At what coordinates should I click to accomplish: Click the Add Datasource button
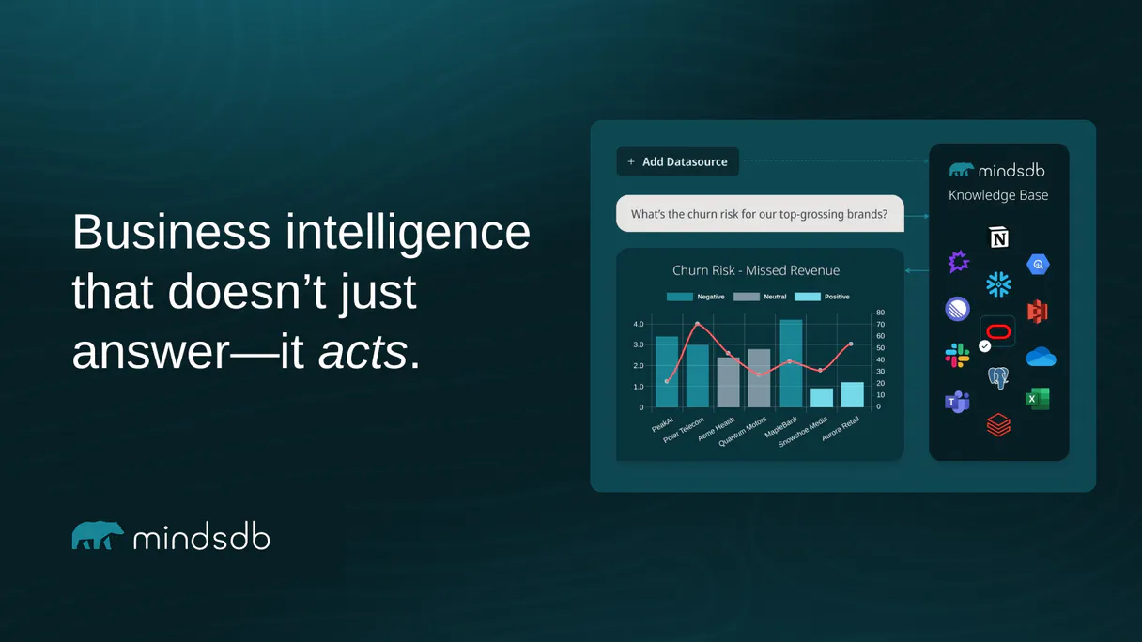(677, 161)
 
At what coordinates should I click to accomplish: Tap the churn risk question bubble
(759, 214)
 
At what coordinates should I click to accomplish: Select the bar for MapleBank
(791, 364)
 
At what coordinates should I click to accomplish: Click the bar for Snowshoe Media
(822, 397)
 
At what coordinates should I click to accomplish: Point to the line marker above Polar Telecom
(697, 324)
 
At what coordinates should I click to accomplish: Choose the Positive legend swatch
(807, 297)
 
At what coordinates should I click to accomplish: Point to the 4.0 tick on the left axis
(639, 324)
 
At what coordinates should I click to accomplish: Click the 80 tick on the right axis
(880, 313)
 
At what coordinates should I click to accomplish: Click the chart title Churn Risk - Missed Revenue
(756, 270)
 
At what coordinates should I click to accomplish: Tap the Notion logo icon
(998, 237)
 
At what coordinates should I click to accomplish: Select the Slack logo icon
(957, 356)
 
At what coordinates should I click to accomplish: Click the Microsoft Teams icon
(957, 402)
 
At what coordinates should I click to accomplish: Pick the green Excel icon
(1037, 399)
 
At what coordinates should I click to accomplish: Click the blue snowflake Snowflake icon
(998, 283)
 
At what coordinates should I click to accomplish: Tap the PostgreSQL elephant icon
(998, 378)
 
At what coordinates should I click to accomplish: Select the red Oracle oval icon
(998, 331)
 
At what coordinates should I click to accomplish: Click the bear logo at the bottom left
(98, 535)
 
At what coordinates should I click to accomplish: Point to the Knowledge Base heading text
(998, 195)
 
